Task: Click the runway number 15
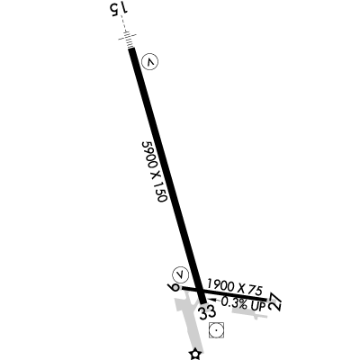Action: click(119, 8)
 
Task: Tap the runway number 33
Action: click(208, 312)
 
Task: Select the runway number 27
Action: click(275, 301)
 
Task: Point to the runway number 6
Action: click(174, 287)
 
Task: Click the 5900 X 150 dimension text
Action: click(154, 172)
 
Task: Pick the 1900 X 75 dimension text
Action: click(235, 286)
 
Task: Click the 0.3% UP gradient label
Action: click(244, 303)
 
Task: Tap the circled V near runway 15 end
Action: click(149, 62)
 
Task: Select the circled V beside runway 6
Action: click(180, 274)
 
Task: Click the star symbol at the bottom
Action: click(195, 355)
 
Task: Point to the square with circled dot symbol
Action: click(216, 330)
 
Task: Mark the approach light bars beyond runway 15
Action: click(128, 40)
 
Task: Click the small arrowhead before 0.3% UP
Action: click(213, 300)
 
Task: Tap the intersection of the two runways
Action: click(199, 291)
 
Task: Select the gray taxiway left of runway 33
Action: click(188, 322)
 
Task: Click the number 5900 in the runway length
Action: click(148, 155)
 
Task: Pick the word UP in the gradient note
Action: click(258, 306)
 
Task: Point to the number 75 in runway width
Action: click(256, 290)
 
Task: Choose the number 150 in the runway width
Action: click(161, 192)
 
